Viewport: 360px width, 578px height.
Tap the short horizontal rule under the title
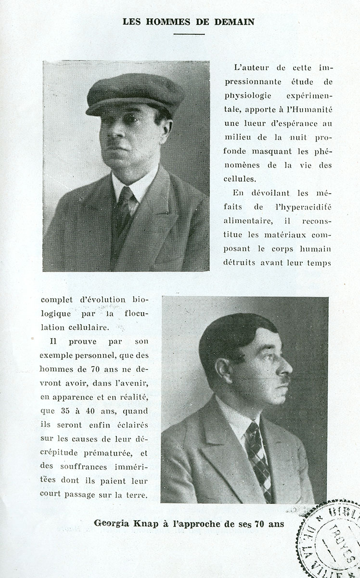(189, 34)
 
